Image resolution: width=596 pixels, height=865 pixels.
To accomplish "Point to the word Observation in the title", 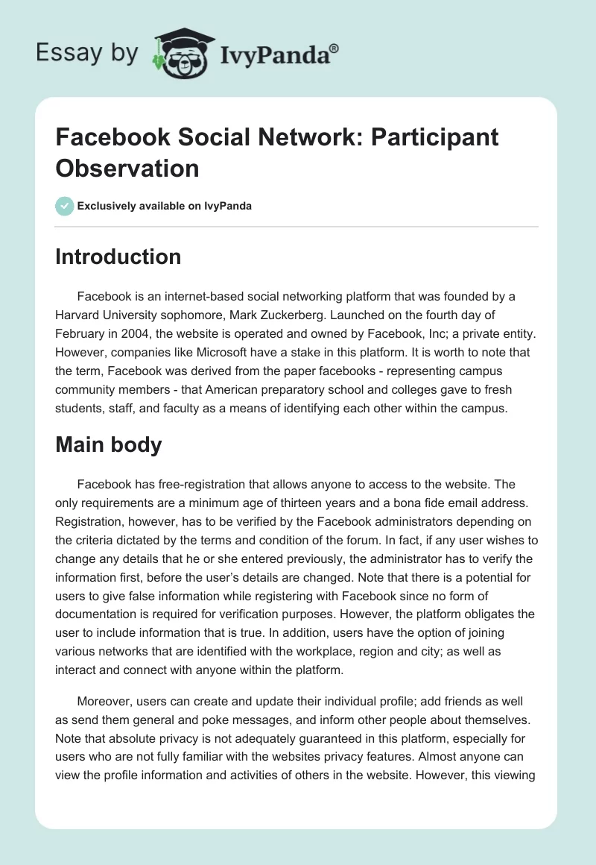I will point(127,168).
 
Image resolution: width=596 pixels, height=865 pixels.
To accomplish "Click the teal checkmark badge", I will point(65,206).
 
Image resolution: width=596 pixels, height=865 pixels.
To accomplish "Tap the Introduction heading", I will point(118,257).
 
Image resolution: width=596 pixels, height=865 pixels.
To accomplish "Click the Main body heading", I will point(109,444).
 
